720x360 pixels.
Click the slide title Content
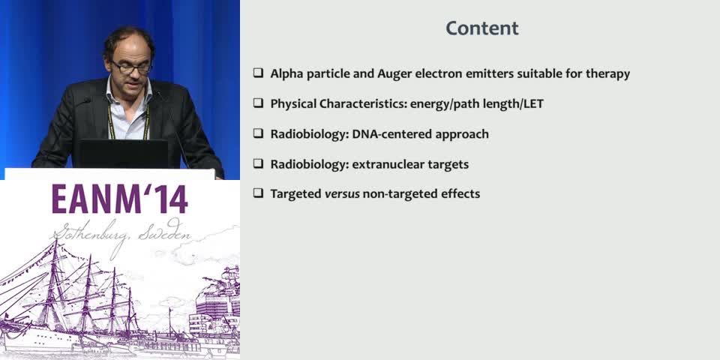click(x=482, y=28)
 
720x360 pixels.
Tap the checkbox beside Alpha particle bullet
click(x=258, y=73)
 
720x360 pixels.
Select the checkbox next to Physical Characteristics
click(x=258, y=103)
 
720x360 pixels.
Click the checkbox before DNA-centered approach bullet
click(x=258, y=133)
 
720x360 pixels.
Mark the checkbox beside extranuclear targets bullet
click(x=258, y=163)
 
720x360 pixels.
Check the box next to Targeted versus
click(x=258, y=193)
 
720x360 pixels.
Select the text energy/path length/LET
click(x=476, y=104)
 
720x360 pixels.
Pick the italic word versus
click(x=341, y=194)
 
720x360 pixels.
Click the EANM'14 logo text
click(x=120, y=199)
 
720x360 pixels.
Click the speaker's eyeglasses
click(x=131, y=67)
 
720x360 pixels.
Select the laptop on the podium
click(x=124, y=153)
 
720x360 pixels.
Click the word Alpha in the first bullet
click(x=288, y=74)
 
